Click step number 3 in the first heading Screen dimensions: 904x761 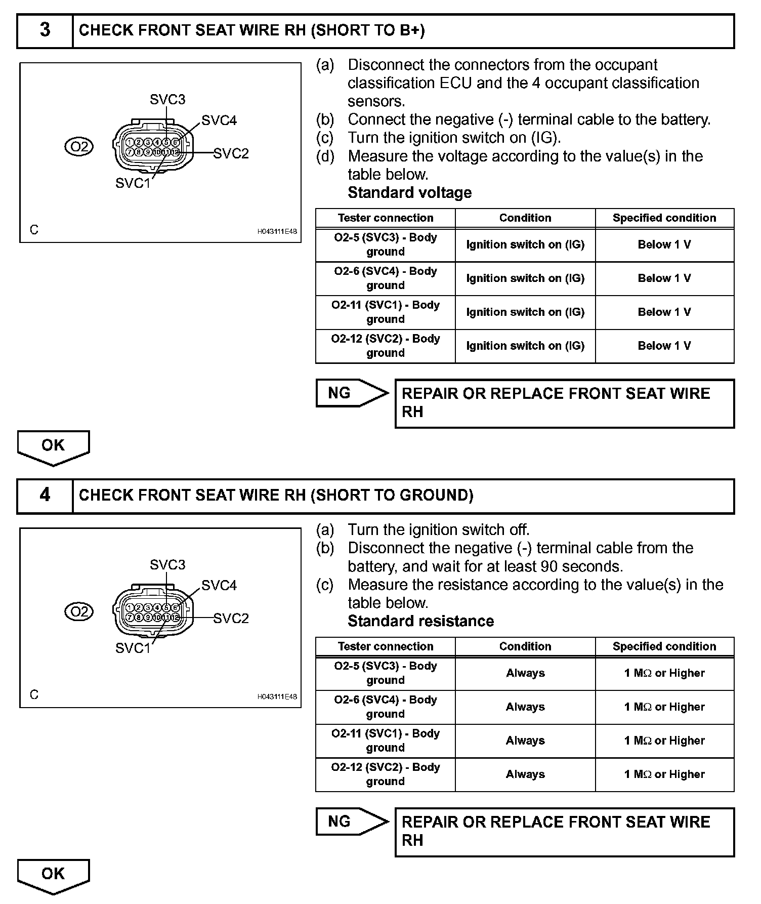[45, 30]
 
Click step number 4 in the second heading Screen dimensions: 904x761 [45, 495]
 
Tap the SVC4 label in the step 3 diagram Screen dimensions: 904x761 [219, 120]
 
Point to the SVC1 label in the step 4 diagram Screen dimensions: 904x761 [133, 648]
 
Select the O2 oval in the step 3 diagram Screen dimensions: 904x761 [79, 147]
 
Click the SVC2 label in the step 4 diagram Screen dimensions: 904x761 [231, 618]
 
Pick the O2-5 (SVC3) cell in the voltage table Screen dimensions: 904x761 [386, 244]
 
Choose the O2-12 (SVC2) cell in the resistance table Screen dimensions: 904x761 [386, 774]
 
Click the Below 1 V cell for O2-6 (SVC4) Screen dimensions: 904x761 [664, 278]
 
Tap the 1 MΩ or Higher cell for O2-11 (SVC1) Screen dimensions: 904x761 [664, 741]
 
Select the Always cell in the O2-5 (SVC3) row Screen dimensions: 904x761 [525, 673]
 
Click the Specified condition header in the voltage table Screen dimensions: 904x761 [664, 218]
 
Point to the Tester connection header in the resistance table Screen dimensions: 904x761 [386, 646]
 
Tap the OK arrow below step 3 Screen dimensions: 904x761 [53, 446]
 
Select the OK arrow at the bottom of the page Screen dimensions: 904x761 [53, 875]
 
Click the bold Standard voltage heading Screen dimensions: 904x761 [410, 192]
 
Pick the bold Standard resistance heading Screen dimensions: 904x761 [421, 621]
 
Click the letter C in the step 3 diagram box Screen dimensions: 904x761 [34, 230]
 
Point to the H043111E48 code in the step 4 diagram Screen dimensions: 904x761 [277, 696]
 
